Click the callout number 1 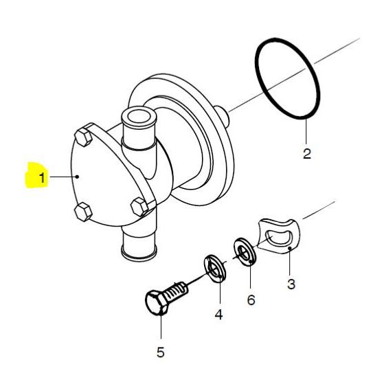(x=43, y=177)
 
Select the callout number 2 (x=306, y=154)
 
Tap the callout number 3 (x=291, y=284)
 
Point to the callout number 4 (x=218, y=314)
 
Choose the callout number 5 (x=161, y=352)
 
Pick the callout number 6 (x=251, y=300)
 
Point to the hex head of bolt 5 (x=156, y=303)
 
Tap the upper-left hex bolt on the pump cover (x=83, y=137)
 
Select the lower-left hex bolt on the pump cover (x=83, y=212)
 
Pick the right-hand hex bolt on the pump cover (x=140, y=207)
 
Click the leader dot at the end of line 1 (x=78, y=177)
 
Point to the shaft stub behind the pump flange (x=222, y=117)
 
